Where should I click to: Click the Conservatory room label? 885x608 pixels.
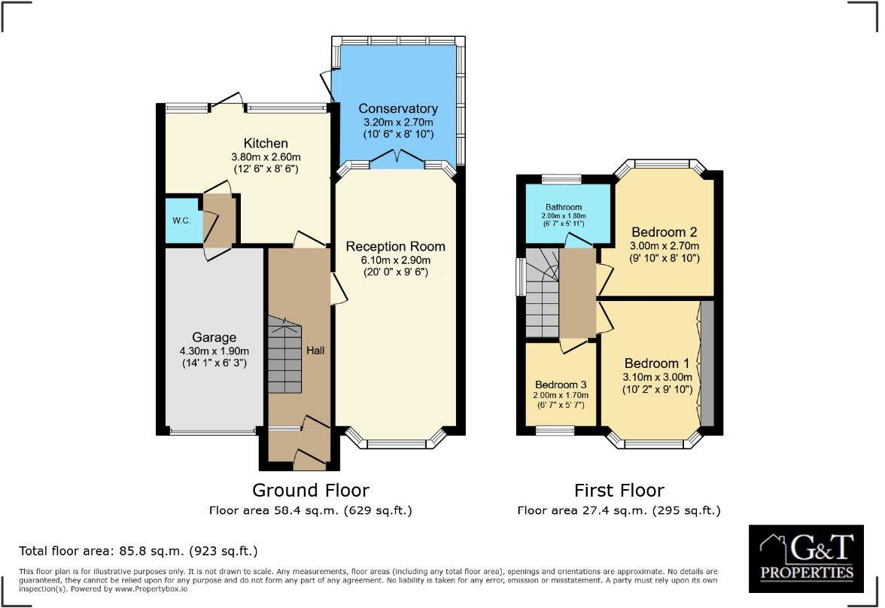398,108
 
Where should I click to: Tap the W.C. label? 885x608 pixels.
181,220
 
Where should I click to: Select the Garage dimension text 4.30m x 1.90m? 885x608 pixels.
214,351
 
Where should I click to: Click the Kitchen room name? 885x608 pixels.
265,144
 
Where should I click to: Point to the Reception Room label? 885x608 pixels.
395,247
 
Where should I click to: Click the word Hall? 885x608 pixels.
315,351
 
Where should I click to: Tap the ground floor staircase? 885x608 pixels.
284,355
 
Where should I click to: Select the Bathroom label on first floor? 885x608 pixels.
563,207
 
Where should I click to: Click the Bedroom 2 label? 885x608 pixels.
665,232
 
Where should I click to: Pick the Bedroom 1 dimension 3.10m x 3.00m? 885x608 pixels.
657,377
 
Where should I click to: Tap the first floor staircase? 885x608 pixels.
543,293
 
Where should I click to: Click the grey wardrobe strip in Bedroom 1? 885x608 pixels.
707,363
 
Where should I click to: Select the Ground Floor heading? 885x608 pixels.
310,490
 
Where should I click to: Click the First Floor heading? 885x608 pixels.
619,490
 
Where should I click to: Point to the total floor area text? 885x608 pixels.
138,550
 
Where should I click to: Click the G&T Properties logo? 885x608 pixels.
806,558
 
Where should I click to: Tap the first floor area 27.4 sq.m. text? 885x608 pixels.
619,510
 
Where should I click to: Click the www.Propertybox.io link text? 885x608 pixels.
151,588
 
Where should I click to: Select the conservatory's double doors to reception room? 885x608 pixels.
397,159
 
